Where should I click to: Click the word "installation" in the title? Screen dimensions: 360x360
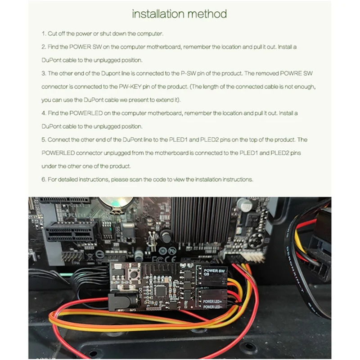[157, 14]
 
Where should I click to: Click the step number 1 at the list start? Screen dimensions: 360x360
[44, 34]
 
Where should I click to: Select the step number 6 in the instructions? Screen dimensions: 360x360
[44, 179]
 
